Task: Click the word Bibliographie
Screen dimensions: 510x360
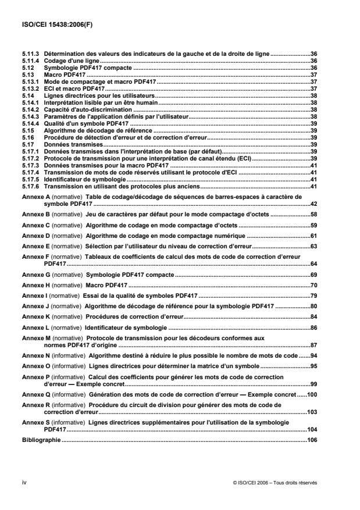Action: [41, 440]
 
